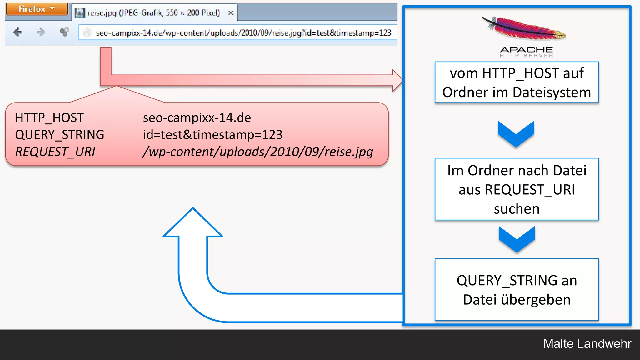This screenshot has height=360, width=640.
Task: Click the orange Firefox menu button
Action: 36,9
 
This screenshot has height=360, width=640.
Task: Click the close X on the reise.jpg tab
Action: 231,13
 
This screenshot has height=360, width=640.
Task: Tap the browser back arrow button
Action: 17,32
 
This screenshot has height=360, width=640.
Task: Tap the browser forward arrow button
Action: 41,32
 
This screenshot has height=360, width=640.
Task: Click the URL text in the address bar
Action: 243,33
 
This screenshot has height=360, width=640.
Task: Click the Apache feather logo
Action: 524,29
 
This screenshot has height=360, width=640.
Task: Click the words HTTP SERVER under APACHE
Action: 526,56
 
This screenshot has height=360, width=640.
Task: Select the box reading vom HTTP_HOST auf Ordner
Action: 517,82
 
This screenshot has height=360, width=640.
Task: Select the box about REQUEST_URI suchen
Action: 517,189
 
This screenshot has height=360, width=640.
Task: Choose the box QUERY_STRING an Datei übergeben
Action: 517,290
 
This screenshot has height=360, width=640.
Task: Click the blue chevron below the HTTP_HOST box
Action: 516,134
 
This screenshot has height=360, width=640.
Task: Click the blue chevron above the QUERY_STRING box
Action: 517,239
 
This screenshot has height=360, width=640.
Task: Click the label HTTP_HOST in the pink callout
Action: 49,118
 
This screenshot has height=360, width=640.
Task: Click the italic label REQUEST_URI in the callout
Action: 55,152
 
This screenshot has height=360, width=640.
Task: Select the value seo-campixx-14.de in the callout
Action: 197,118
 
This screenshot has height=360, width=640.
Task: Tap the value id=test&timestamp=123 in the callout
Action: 212,135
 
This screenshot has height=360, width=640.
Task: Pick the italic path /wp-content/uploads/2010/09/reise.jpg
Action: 258,152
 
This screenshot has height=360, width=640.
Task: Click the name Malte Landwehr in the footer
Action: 587,343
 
